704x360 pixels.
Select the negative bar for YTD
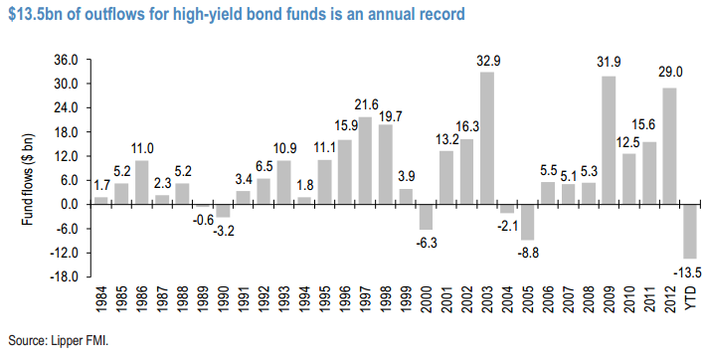point(689,231)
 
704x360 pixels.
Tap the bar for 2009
point(608,140)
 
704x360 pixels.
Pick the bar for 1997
point(365,161)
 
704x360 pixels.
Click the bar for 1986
point(141,182)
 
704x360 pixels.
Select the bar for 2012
point(669,146)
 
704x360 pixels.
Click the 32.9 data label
point(486,61)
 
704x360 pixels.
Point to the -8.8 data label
point(527,254)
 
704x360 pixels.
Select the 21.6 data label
point(365,104)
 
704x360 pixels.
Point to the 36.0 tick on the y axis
point(65,60)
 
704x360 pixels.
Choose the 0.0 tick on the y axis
point(68,204)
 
